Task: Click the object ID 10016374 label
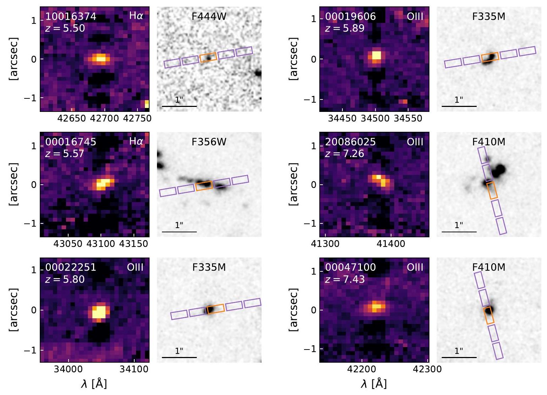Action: coord(71,17)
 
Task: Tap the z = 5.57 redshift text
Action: coord(65,153)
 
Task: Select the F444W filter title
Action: coord(209,16)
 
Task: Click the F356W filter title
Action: coord(209,142)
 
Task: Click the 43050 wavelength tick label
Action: coord(68,244)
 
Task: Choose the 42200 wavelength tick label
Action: coord(362,369)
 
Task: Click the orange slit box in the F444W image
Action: coord(208,57)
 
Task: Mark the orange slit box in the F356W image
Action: coord(204,185)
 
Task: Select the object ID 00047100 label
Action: coord(350,267)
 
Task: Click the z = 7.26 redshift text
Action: coord(344,153)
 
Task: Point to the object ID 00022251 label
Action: coord(71,267)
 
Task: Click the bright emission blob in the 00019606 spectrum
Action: coord(376,56)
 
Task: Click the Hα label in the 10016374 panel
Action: coord(136,16)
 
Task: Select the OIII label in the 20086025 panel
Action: coord(415,142)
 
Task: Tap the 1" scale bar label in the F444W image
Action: coord(179,100)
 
